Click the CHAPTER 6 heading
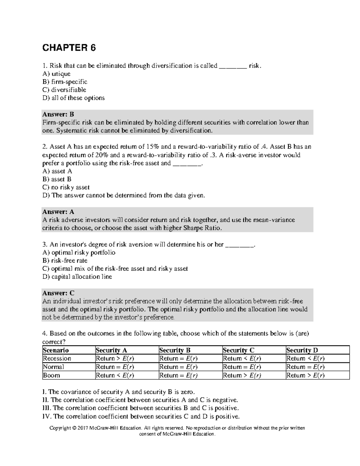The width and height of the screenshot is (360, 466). (69, 48)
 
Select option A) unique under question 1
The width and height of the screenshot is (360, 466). (56, 74)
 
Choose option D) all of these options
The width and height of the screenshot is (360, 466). (73, 98)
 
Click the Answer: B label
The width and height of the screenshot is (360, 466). (58, 114)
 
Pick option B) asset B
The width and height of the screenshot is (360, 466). (57, 179)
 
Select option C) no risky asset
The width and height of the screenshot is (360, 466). (66, 188)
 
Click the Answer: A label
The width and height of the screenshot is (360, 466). (58, 212)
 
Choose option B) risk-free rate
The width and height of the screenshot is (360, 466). (65, 261)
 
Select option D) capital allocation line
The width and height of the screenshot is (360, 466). (77, 277)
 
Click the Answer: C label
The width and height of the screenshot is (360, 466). (58, 293)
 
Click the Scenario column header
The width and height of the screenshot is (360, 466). (56, 350)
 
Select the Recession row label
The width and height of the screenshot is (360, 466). (57, 359)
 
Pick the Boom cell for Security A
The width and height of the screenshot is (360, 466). (115, 375)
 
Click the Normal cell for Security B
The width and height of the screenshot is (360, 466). (178, 367)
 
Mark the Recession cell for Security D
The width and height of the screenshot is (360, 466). (305, 359)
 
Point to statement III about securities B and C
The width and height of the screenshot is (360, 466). (141, 408)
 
